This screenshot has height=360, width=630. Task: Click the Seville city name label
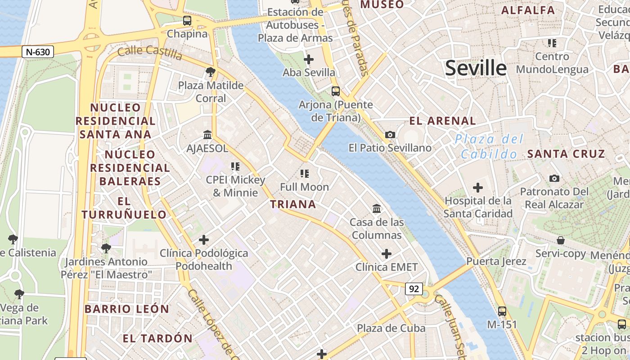coord(476,68)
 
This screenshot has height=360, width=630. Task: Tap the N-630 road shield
coord(38,52)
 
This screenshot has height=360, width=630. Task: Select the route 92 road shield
coord(414,288)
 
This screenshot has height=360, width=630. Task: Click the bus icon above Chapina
coord(187,20)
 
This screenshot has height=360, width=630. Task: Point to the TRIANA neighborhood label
coord(293,204)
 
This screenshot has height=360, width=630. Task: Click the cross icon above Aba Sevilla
coord(309,59)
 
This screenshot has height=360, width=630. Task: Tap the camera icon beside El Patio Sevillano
coord(390,135)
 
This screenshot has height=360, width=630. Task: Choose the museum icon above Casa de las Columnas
coord(377,208)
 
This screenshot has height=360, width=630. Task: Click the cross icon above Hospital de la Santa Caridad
coord(478,187)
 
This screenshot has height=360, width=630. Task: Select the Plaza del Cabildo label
coord(489,147)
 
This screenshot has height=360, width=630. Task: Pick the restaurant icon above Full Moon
coord(305,173)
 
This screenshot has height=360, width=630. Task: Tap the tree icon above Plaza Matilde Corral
coord(210,72)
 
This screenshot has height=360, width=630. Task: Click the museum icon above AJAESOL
coord(207,135)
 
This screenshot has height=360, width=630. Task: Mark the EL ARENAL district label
coord(442,121)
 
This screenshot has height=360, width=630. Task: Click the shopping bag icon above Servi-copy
coord(561,240)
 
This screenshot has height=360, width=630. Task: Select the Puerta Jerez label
coord(496,261)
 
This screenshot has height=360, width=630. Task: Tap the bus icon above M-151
coord(502,311)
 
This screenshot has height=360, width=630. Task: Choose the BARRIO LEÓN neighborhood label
coord(127,309)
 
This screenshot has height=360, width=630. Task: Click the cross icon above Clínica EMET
coord(387,254)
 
